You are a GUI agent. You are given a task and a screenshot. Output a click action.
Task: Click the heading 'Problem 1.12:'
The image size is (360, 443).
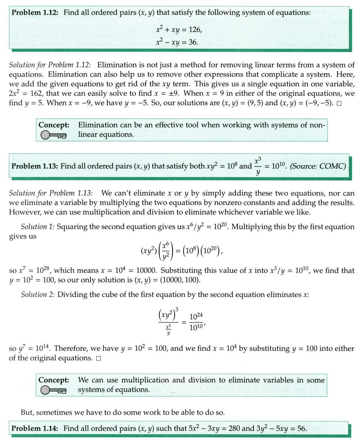(36, 12)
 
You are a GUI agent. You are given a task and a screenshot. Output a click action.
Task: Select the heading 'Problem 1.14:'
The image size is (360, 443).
(36, 428)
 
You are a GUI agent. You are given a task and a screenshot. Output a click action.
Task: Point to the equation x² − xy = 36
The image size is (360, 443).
(177, 42)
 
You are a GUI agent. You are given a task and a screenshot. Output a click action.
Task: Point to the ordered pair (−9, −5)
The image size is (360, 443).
(315, 102)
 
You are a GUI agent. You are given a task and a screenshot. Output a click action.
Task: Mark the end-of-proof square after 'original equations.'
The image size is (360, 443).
(98, 358)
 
